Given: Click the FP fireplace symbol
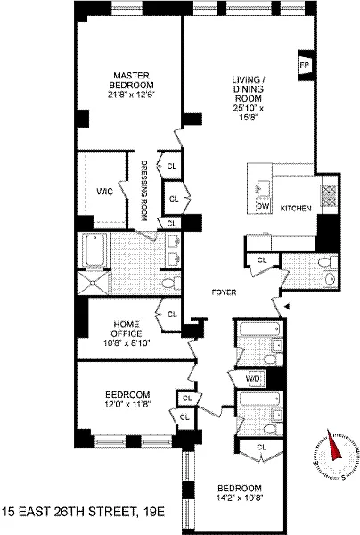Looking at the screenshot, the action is (x=305, y=65).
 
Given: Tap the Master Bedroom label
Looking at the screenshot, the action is (x=131, y=80).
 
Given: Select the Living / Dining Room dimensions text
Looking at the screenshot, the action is (x=249, y=112).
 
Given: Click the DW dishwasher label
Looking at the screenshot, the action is (x=263, y=206).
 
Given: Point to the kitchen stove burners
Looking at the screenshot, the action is (x=328, y=196).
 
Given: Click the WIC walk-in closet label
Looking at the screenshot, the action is (x=104, y=192).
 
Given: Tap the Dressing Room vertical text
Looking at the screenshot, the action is (x=143, y=191).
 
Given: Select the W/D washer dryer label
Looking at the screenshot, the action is (x=252, y=379).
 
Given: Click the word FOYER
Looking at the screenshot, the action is (x=224, y=292).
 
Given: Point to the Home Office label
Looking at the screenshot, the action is (x=127, y=329).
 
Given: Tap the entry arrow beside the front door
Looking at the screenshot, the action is (x=287, y=307).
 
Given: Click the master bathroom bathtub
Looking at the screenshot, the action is (x=94, y=250).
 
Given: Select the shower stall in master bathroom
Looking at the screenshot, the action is (x=93, y=284).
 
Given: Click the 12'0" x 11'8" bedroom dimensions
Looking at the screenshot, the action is (x=127, y=404).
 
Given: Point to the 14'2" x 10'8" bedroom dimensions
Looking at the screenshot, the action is (x=240, y=498).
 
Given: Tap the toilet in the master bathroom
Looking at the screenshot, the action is (x=170, y=283).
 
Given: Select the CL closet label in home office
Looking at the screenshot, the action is (x=173, y=314).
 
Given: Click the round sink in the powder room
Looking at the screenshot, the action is (x=330, y=279).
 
